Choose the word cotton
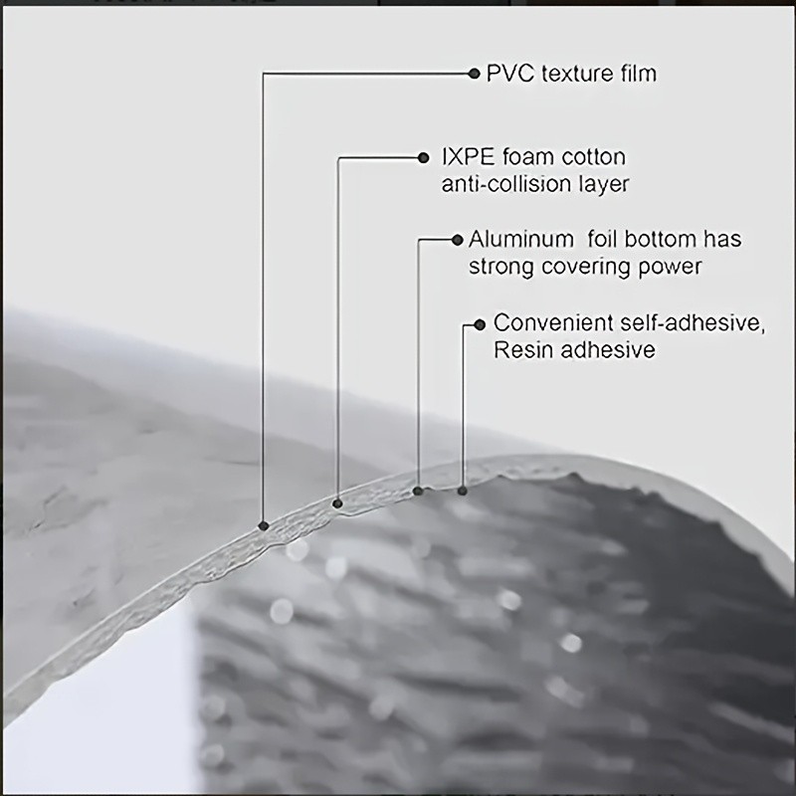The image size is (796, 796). point(587,157)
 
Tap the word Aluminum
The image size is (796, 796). point(520,239)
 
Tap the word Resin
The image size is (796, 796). point(523,350)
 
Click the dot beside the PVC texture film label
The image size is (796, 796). point(475,74)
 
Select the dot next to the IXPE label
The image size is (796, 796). point(424,158)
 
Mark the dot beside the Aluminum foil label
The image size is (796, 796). point(458,240)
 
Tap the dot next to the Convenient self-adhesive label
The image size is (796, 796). point(480,325)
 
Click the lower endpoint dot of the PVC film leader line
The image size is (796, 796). point(264,525)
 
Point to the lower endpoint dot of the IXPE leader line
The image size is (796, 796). point(337,503)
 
